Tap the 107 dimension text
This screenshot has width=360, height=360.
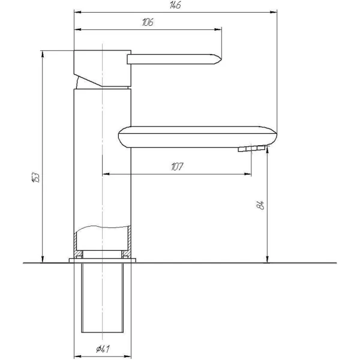point(177,167)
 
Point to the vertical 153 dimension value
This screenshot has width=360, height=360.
point(36,177)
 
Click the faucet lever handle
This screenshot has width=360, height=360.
point(174,59)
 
